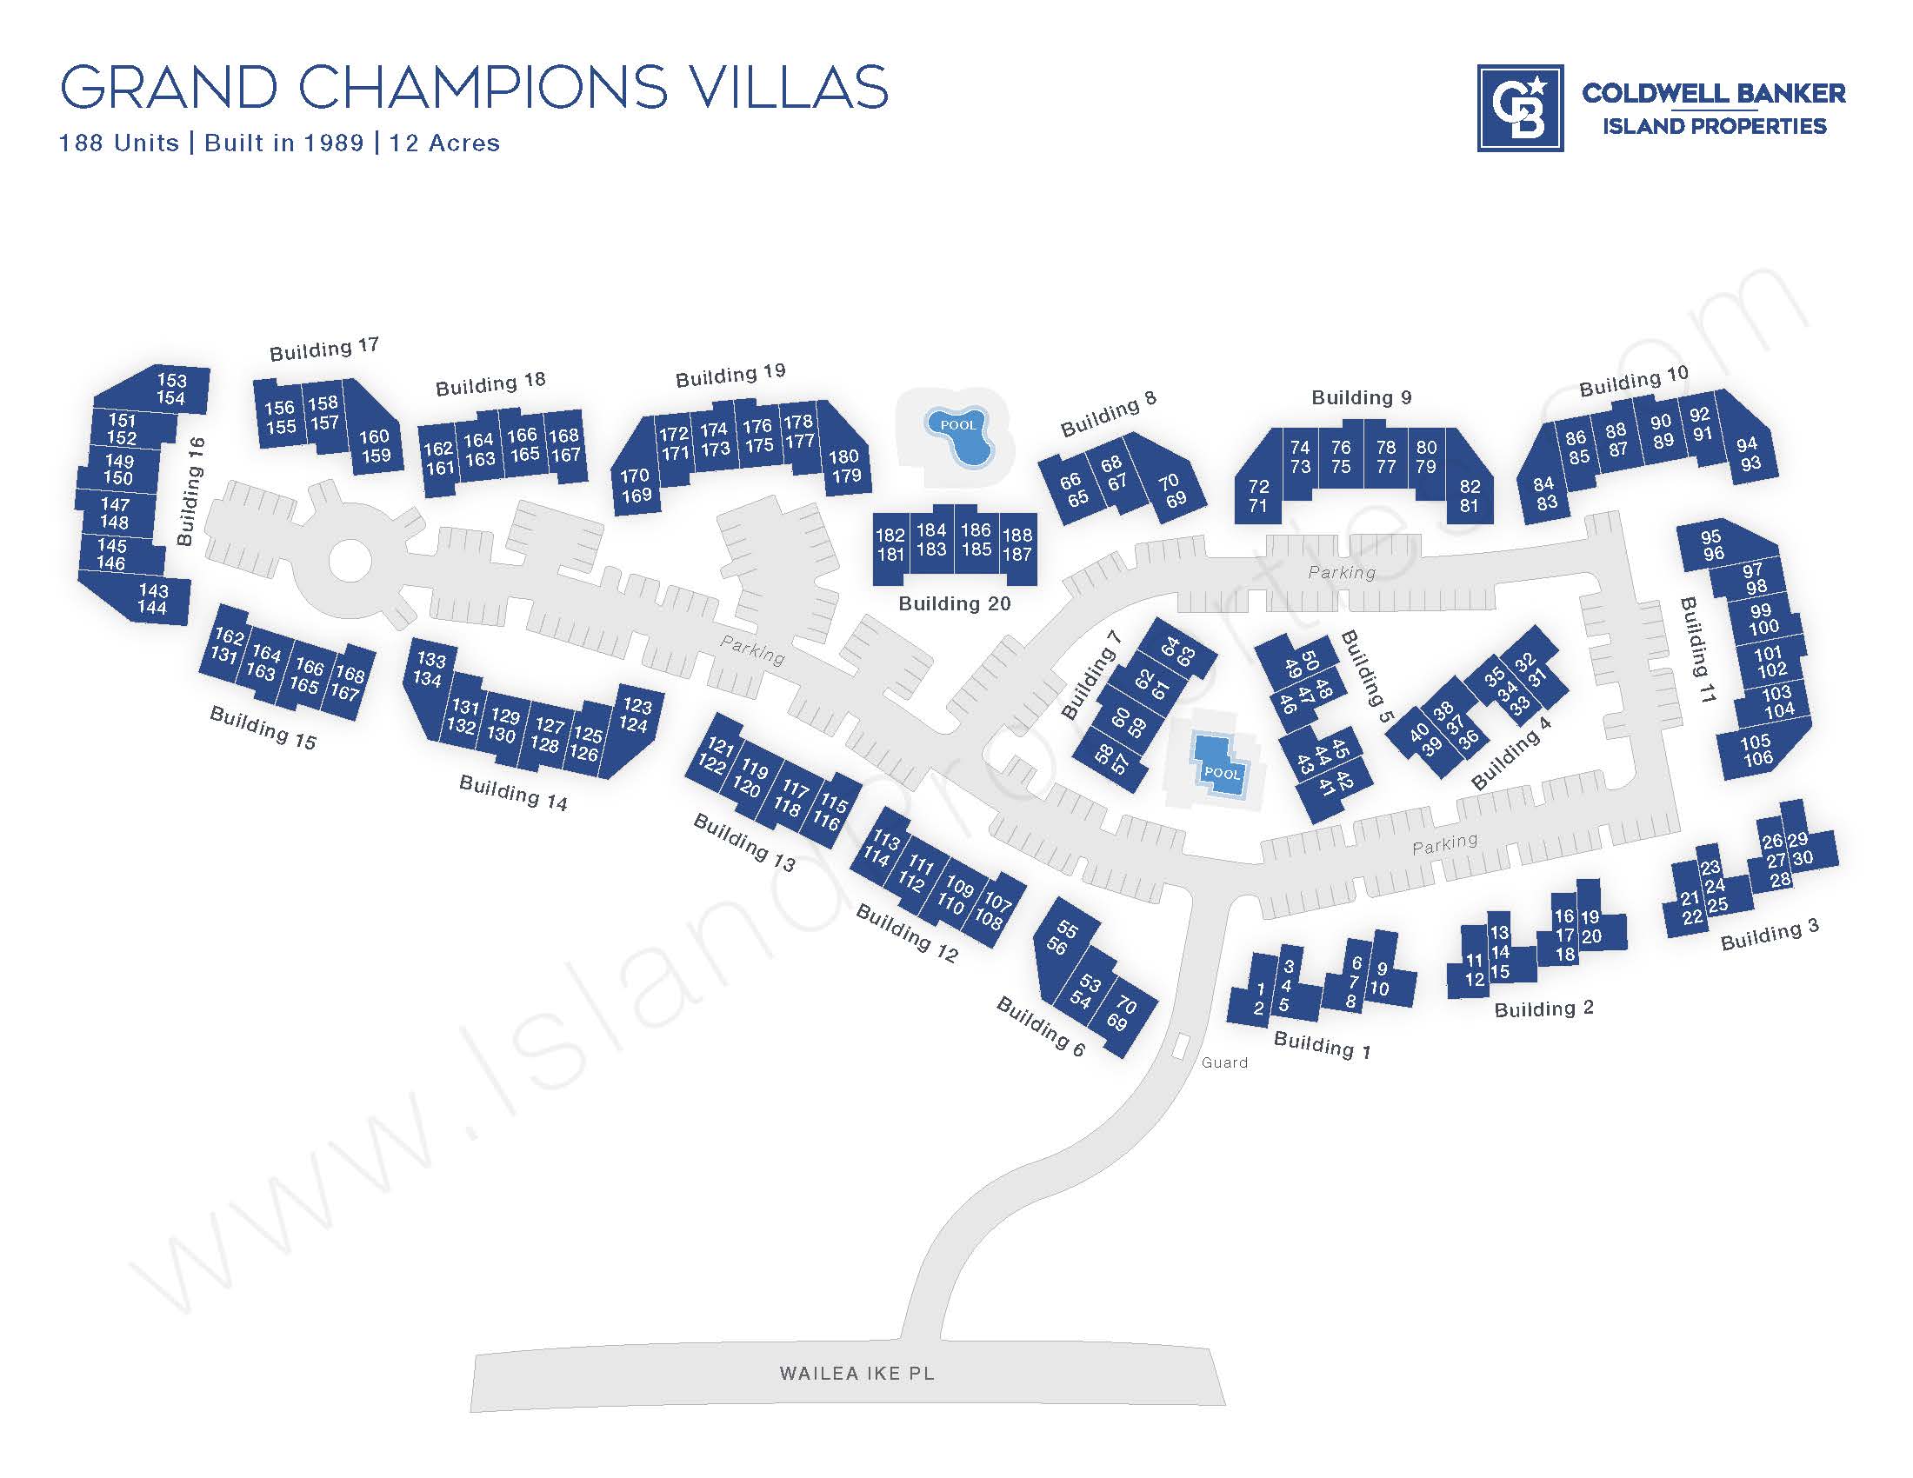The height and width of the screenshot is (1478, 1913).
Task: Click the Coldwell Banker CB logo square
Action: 1520,108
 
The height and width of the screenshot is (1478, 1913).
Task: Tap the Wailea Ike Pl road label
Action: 857,1373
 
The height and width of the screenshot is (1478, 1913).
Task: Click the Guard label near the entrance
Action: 1224,1062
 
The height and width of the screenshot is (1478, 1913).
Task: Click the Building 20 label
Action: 954,603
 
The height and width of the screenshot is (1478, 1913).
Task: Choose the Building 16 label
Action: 190,491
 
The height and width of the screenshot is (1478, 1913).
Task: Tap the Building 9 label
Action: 1361,397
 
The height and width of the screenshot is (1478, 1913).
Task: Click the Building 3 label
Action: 1770,935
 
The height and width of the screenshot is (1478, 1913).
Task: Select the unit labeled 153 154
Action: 170,389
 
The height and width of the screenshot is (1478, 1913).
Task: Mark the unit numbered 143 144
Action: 152,599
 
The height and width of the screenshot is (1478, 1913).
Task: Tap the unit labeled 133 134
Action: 430,669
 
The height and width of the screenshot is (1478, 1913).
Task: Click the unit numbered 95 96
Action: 1711,544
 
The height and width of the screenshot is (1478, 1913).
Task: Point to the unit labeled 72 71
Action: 1258,496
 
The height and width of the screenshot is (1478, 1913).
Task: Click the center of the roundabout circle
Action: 349,561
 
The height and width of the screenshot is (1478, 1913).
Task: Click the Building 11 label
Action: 1697,648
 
